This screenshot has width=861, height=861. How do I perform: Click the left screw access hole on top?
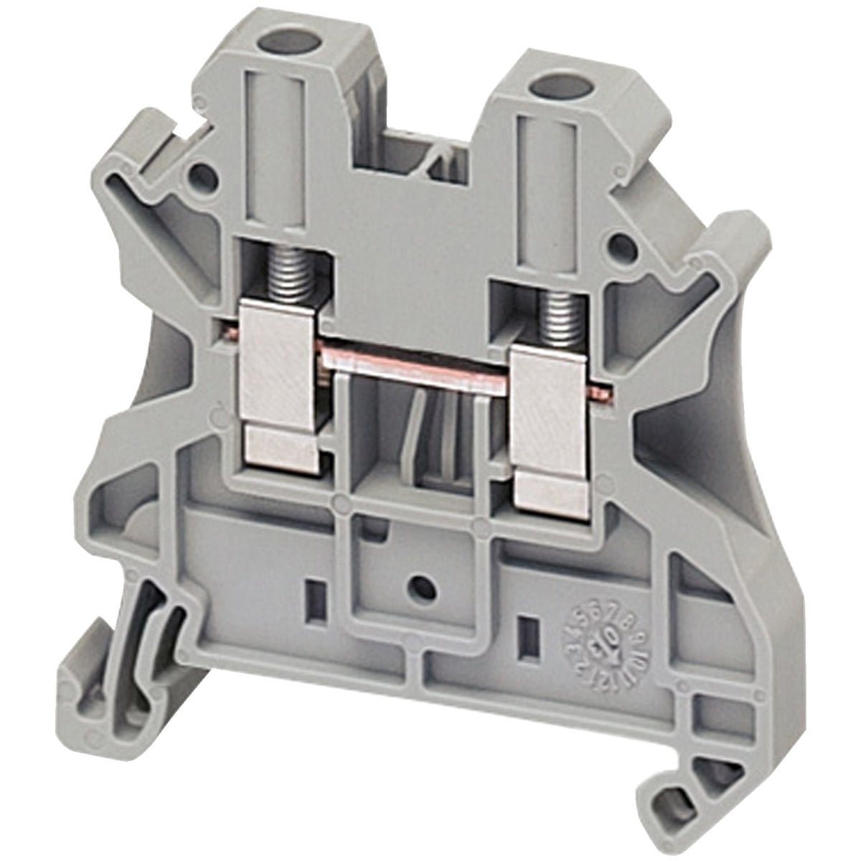coord(273,37)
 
